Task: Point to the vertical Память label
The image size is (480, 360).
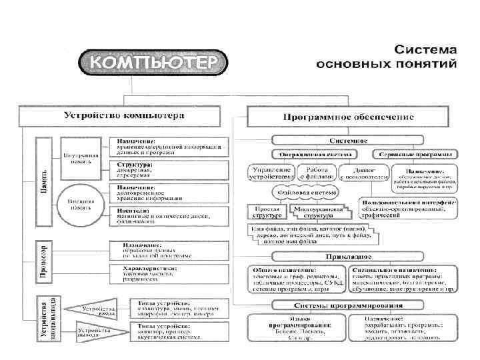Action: click(x=43, y=179)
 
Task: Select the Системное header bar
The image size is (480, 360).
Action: click(x=348, y=141)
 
